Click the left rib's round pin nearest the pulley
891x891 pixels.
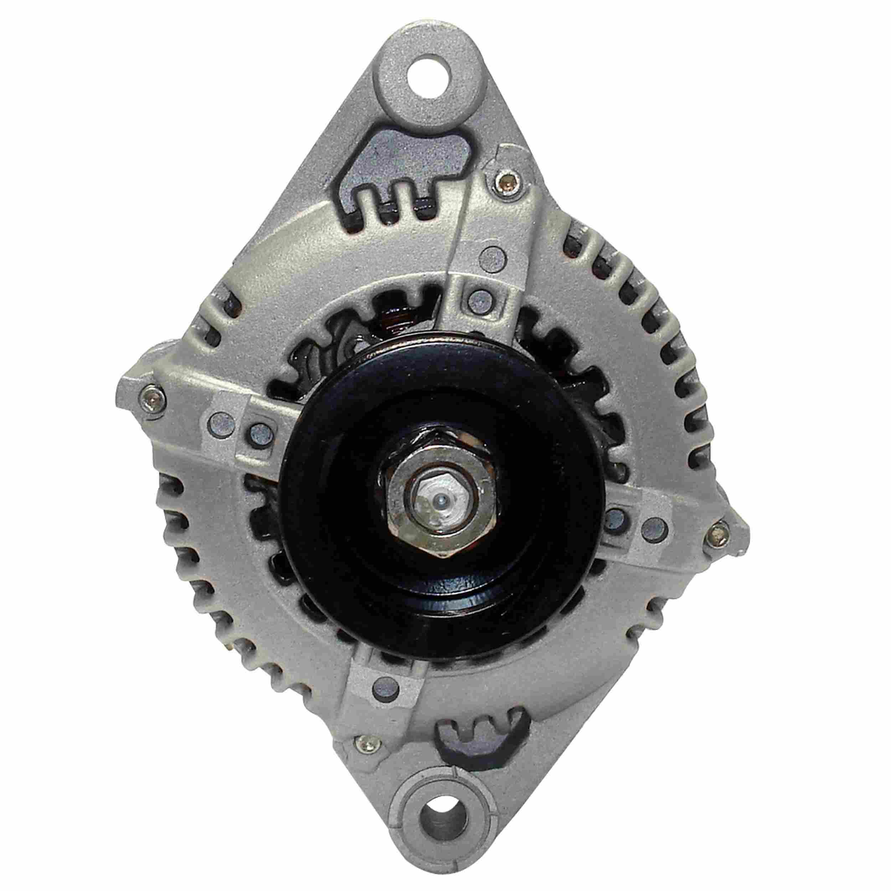click(259, 432)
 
